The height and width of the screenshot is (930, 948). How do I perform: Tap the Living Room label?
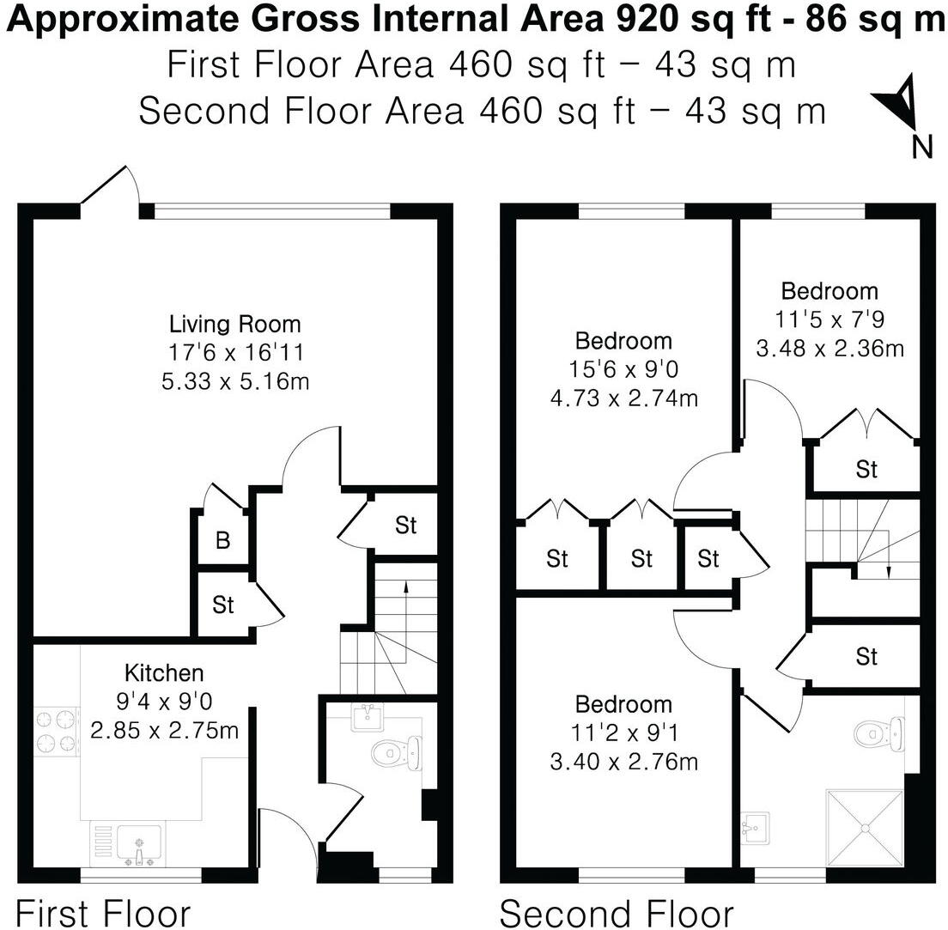click(x=235, y=325)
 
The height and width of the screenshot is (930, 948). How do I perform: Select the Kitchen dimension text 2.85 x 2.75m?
click(x=164, y=732)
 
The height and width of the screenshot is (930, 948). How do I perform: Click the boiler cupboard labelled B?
click(x=222, y=541)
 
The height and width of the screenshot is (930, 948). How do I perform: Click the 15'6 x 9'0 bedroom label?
click(x=623, y=341)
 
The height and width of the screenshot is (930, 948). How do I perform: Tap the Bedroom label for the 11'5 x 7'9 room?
click(x=829, y=290)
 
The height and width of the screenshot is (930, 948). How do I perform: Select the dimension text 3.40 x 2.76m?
click(x=623, y=761)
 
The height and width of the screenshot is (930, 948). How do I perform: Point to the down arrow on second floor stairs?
click(x=888, y=572)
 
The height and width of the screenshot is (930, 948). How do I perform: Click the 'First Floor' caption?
click(x=103, y=912)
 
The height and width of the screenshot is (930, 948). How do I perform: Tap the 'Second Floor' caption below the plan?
click(x=617, y=912)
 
